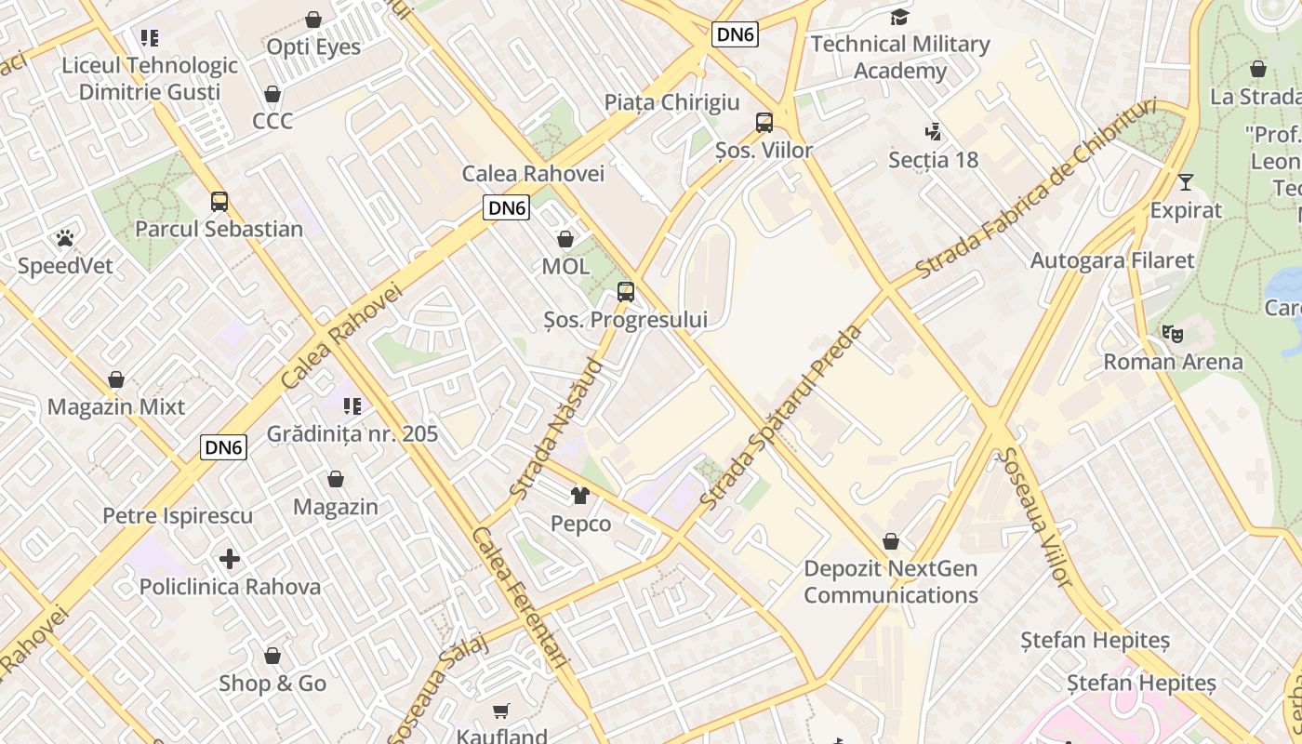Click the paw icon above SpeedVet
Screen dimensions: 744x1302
click(x=64, y=238)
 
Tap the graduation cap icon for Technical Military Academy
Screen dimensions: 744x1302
click(x=899, y=17)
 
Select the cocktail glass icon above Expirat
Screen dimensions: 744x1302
click(x=1186, y=182)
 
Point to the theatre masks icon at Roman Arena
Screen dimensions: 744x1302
click(x=1173, y=333)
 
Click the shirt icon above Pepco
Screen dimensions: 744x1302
click(x=580, y=496)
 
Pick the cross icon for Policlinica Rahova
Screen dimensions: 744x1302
click(x=230, y=559)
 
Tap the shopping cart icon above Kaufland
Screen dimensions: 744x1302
click(x=501, y=711)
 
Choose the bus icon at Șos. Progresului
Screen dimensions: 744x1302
click(x=626, y=292)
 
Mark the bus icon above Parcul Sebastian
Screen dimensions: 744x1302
click(x=219, y=201)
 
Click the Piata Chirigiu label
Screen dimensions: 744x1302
click(x=671, y=102)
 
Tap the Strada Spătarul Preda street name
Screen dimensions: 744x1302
click(x=782, y=417)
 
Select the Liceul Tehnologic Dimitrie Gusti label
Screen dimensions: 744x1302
click(x=150, y=79)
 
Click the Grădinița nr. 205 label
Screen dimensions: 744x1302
click(x=352, y=433)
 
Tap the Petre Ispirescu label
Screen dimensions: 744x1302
click(x=178, y=515)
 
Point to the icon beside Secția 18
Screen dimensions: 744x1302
click(x=933, y=132)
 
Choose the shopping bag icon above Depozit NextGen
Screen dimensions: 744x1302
click(x=891, y=541)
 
